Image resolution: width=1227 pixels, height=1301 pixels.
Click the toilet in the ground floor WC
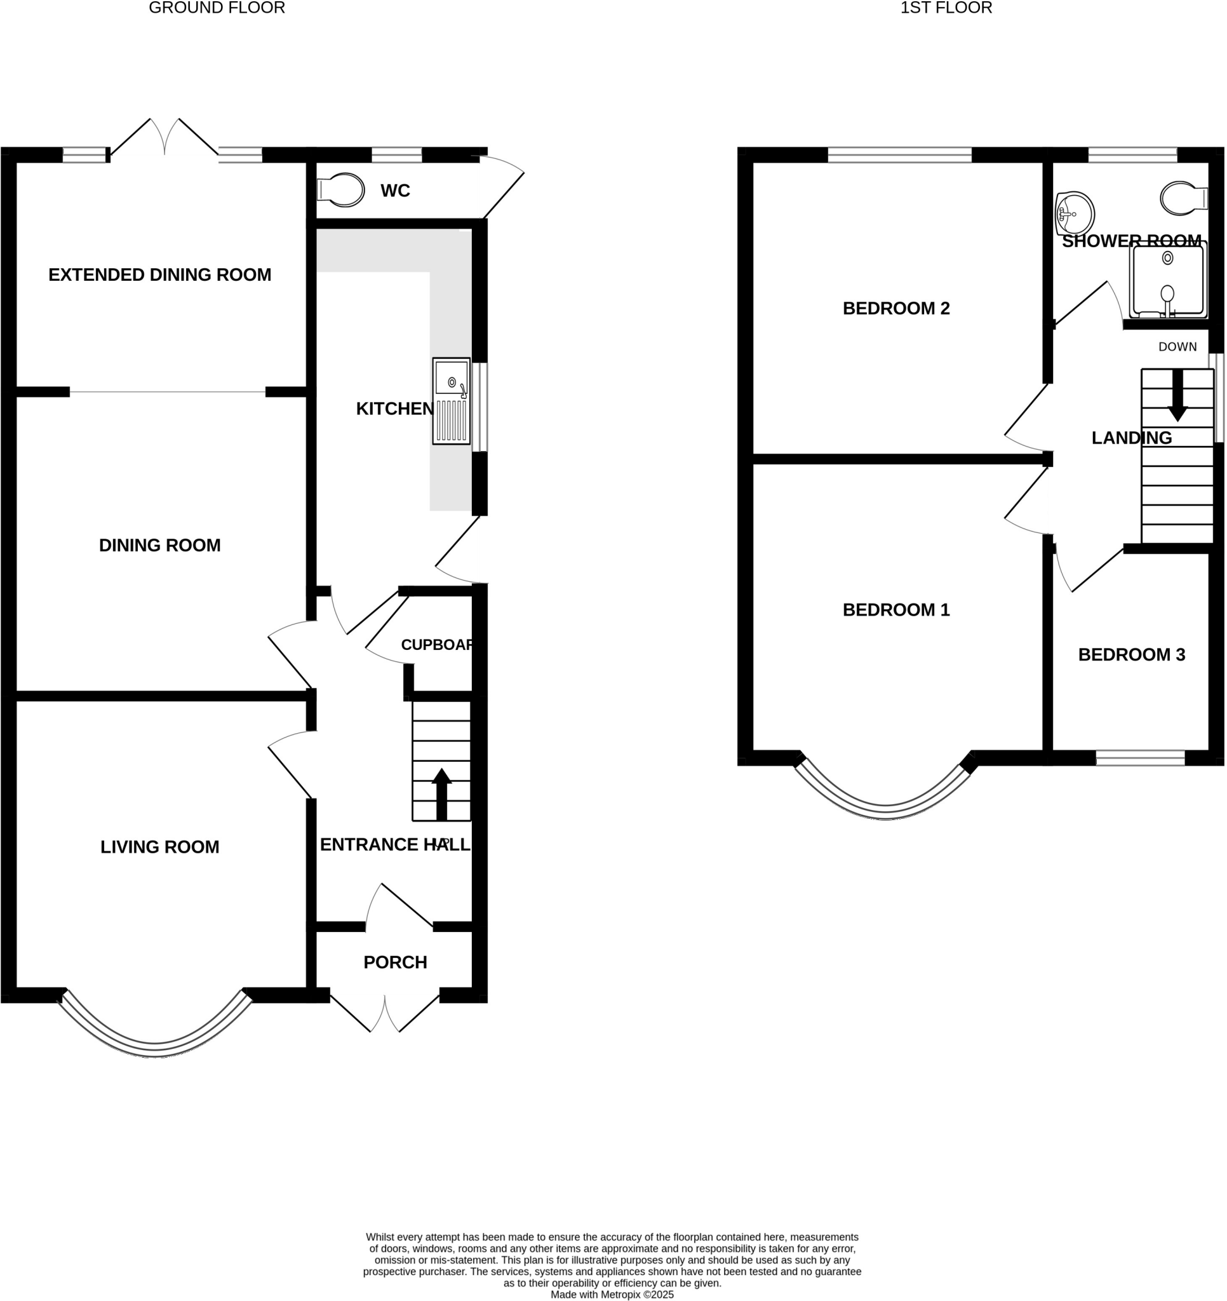(x=341, y=191)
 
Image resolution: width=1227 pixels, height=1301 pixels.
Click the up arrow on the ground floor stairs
(x=442, y=794)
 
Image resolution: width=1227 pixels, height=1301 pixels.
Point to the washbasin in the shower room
(x=1075, y=214)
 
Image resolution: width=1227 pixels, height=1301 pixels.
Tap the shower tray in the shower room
(x=1167, y=280)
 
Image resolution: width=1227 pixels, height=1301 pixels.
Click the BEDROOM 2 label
(x=896, y=308)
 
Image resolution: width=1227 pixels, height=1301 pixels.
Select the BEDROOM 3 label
(x=1132, y=654)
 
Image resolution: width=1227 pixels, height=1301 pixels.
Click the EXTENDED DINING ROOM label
(x=159, y=275)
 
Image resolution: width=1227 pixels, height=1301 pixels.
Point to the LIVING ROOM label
(x=159, y=847)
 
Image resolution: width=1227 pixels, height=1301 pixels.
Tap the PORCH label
(x=394, y=962)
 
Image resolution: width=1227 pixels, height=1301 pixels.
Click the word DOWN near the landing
(x=1177, y=347)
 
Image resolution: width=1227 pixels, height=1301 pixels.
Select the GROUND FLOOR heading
(x=217, y=8)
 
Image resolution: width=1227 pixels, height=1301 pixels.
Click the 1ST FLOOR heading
(x=946, y=8)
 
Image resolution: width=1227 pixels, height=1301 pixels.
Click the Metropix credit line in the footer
(x=612, y=1294)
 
